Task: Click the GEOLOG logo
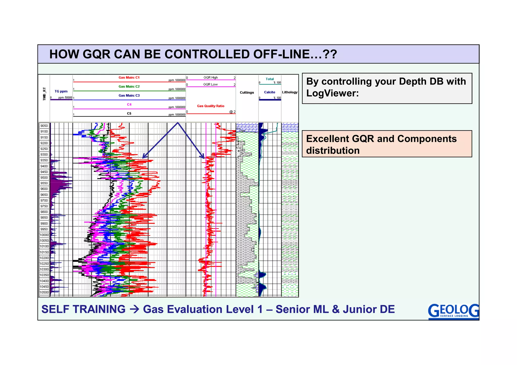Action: pyautogui.click(x=453, y=311)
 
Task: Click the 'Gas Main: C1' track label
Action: pyautogui.click(x=129, y=77)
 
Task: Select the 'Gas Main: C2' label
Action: pyautogui.click(x=129, y=87)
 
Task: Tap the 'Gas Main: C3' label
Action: pyautogui.click(x=129, y=95)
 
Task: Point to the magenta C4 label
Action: pyautogui.click(x=129, y=104)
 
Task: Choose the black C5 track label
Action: pyautogui.click(x=129, y=114)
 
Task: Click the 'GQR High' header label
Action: pyautogui.click(x=211, y=77)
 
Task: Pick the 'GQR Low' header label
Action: pyautogui.click(x=211, y=84)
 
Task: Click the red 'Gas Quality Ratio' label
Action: pyautogui.click(x=211, y=106)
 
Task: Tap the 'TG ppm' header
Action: pyautogui.click(x=61, y=91)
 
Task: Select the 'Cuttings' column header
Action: pyautogui.click(x=247, y=93)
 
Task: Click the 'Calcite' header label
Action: pyautogui.click(x=270, y=92)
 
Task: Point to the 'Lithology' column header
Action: pyautogui.click(x=290, y=92)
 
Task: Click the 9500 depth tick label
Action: pyautogui.click(x=44, y=178)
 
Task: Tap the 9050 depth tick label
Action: pyautogui.click(x=44, y=126)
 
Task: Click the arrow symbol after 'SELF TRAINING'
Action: pyautogui.click(x=134, y=310)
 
